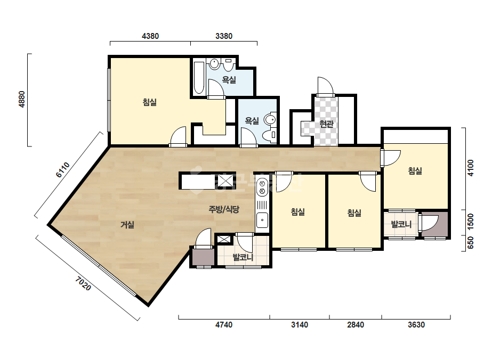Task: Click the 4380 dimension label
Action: point(150,36)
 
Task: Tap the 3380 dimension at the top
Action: point(224,36)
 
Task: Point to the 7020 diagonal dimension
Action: point(83,283)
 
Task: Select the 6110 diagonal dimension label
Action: point(63,170)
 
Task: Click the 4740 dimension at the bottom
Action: point(224,325)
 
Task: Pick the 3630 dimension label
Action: point(416,325)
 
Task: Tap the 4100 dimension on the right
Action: point(470,168)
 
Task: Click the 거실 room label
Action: point(127,225)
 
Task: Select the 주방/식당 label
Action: point(224,209)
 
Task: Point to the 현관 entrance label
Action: point(326,124)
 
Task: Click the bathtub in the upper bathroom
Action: point(199,78)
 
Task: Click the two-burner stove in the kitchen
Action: point(262,187)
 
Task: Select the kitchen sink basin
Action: point(262,220)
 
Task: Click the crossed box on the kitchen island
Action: point(225,181)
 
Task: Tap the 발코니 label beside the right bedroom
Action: point(401,224)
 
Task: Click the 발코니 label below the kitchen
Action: point(243,257)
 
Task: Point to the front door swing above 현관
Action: point(325,85)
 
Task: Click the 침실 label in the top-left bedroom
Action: point(150,102)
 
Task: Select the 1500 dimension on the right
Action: point(470,222)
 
